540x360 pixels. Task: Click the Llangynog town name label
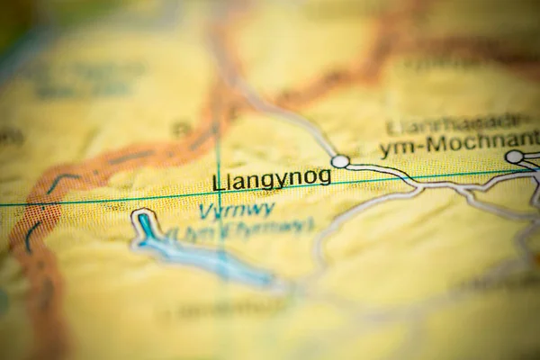(272, 179)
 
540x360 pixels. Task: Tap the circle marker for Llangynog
(340, 161)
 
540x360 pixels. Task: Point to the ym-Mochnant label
(459, 143)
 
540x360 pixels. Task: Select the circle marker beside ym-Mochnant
(514, 157)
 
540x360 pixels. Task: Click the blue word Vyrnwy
(236, 211)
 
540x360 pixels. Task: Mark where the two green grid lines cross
(218, 193)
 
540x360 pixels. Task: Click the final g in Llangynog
(325, 177)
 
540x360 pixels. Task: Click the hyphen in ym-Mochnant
(418, 146)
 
